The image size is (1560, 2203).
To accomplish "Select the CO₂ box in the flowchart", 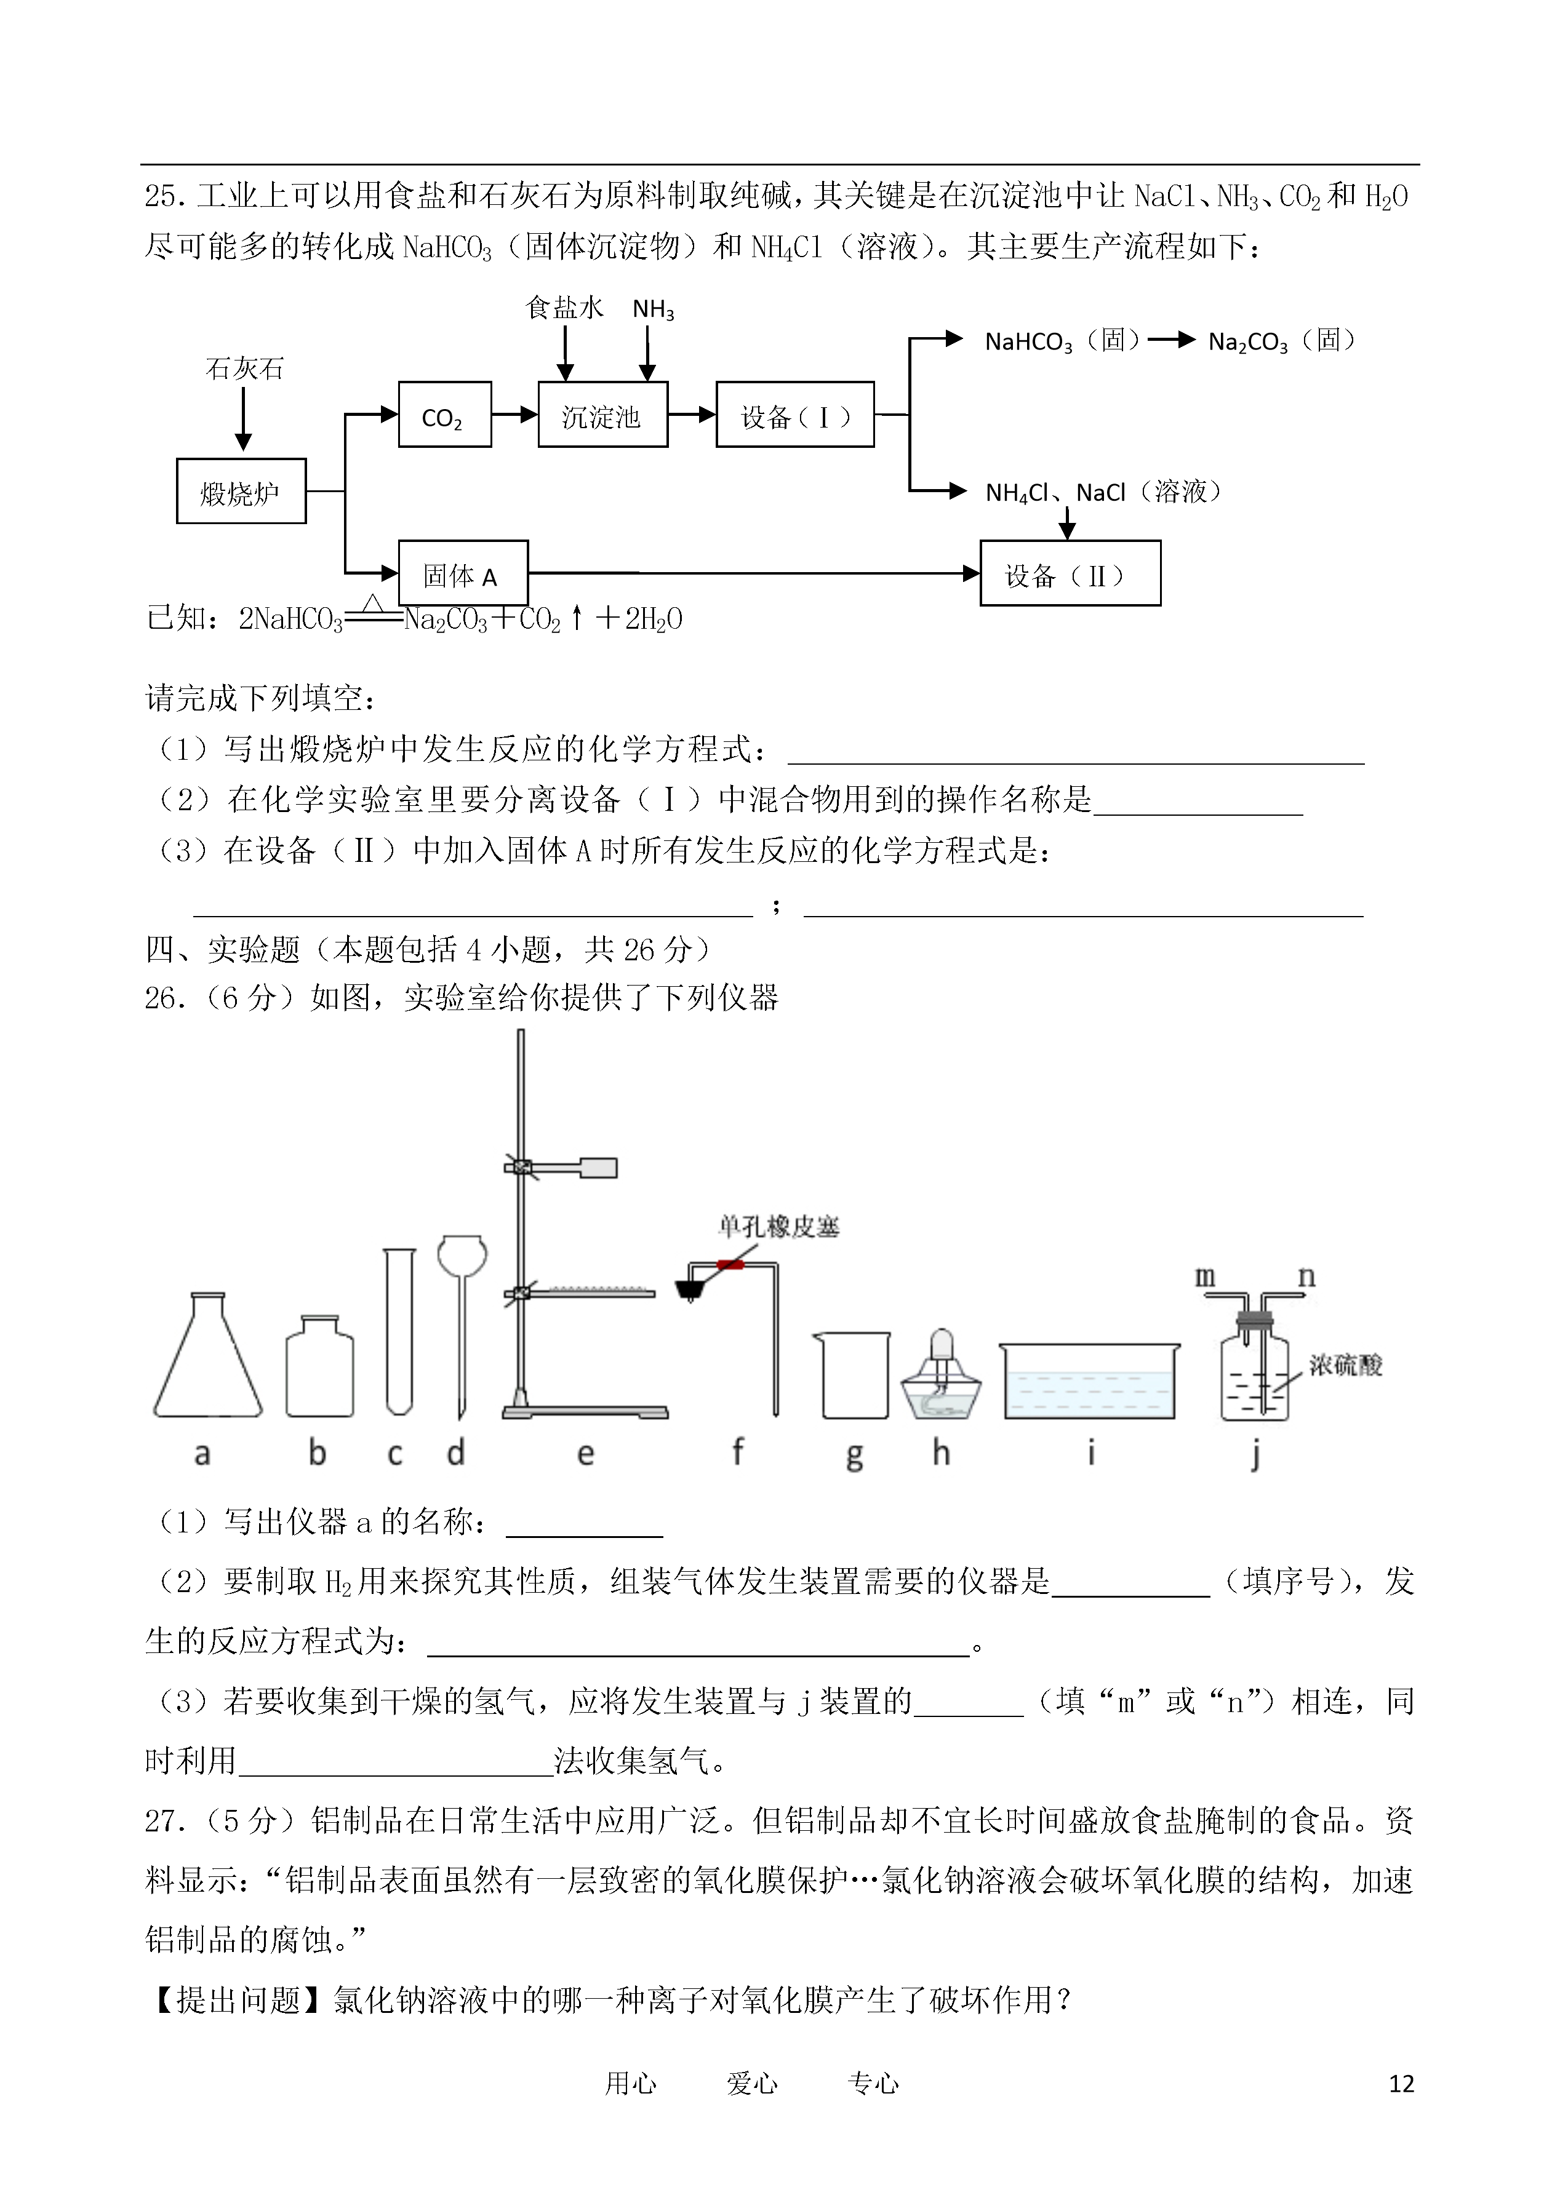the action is [445, 414].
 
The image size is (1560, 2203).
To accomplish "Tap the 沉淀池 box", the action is [602, 414].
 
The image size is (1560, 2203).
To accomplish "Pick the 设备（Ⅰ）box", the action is [795, 414].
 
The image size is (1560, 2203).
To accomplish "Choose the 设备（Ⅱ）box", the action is [1070, 573].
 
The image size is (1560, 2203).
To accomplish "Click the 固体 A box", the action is [463, 573].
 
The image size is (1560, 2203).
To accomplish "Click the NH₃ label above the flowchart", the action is [653, 309].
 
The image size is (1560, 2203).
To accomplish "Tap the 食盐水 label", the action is [565, 308].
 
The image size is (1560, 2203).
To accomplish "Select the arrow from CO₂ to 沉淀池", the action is [515, 414].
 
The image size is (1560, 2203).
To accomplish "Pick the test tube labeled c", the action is [399, 1331].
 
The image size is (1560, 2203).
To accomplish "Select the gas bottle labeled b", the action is [320, 1366].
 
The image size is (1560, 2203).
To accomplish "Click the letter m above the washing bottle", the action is [1204, 1277].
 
